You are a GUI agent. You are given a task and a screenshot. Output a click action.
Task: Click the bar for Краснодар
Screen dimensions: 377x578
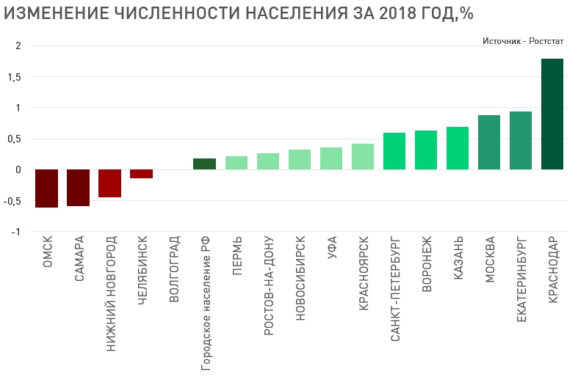[x=552, y=114]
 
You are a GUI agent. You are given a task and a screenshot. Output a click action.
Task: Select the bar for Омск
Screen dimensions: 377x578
[x=46, y=188]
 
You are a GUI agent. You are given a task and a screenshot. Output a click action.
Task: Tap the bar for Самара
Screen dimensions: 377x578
[x=78, y=188]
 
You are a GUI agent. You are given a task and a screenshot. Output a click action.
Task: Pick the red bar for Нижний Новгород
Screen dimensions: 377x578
[x=109, y=183]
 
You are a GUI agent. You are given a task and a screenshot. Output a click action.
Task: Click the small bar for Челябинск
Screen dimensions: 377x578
[x=141, y=174]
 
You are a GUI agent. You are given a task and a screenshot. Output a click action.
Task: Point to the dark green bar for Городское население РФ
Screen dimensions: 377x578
[x=204, y=164]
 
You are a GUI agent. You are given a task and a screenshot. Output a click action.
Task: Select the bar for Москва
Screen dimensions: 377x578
[x=488, y=142]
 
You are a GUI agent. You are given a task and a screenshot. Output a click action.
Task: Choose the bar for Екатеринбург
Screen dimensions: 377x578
[x=520, y=141]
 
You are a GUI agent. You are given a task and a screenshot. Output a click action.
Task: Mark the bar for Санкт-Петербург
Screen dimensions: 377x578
[x=394, y=151]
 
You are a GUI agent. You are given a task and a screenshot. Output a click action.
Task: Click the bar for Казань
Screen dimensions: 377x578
[x=457, y=148]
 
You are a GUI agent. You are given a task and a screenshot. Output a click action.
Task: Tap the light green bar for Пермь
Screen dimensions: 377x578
[x=236, y=163]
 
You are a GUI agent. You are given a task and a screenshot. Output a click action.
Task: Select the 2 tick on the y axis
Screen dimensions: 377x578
[x=18, y=46]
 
